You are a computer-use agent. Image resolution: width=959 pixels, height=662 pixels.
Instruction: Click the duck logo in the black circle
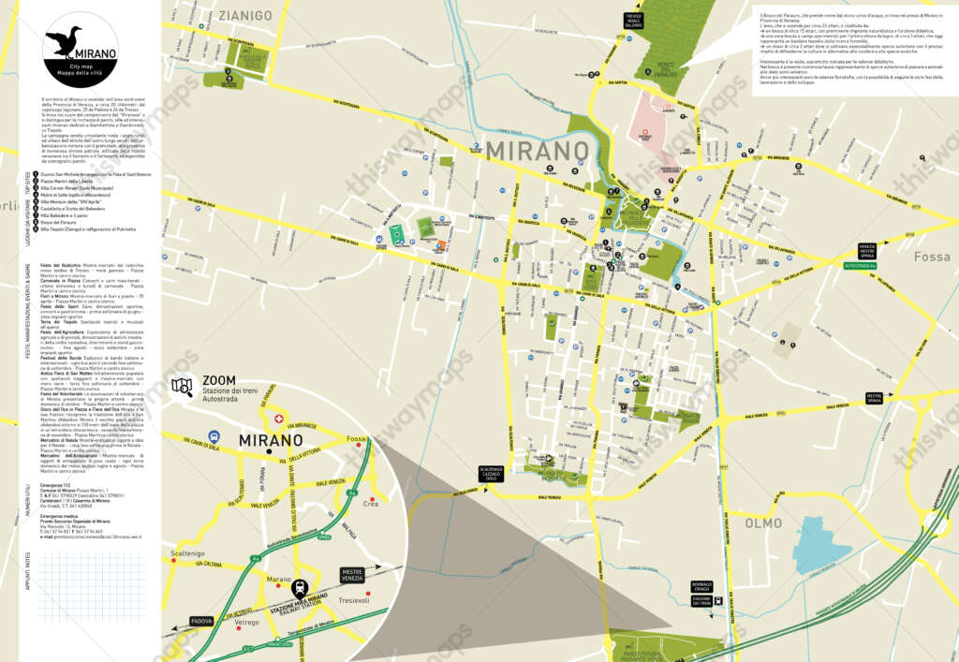point(63,41)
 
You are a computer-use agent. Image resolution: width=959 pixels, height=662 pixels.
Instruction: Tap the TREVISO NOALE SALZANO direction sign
point(634,21)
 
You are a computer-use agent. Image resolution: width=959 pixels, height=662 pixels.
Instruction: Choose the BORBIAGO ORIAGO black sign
point(702,588)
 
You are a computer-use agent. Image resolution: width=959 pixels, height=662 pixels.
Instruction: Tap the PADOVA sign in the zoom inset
point(201,621)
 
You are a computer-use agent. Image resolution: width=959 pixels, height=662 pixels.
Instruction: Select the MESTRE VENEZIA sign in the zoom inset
point(352,575)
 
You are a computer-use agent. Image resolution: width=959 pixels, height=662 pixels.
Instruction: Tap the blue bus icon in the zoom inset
point(214,437)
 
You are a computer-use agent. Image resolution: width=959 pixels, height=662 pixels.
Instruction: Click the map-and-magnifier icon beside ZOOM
point(183,387)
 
